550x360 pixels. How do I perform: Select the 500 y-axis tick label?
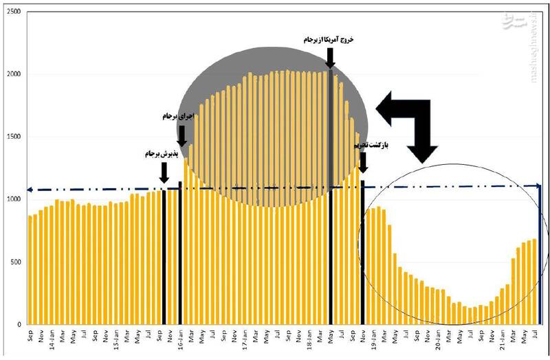(15, 262)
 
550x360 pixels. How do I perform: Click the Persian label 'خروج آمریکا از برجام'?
(329, 41)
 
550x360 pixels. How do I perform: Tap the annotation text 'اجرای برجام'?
(178, 117)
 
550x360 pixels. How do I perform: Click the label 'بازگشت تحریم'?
(366, 146)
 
